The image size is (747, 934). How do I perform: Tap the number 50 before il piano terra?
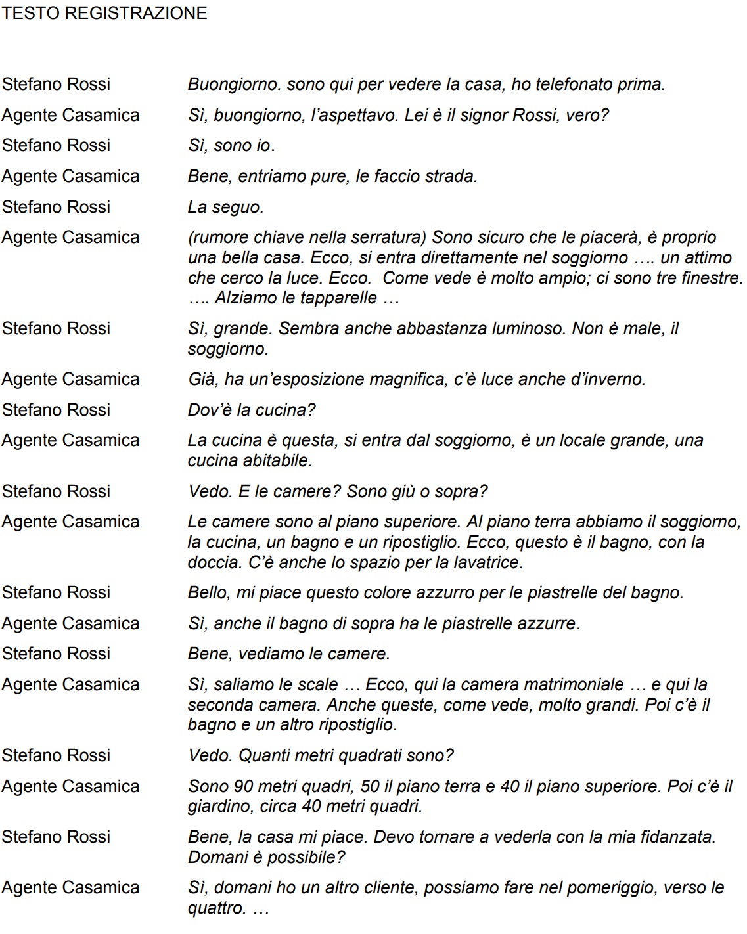click(x=371, y=786)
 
